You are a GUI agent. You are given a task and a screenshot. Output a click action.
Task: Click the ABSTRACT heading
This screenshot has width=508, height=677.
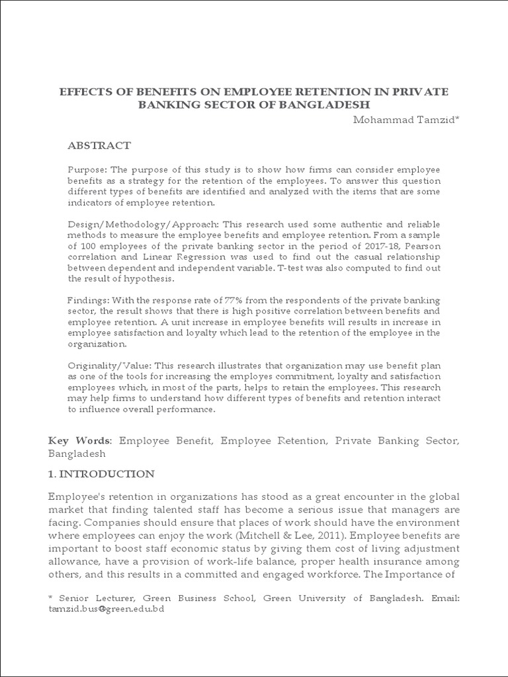tap(100, 145)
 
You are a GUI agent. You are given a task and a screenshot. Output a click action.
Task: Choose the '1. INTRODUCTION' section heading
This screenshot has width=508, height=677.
tap(101, 474)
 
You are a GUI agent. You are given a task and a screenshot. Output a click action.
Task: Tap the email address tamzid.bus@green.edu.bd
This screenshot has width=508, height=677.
tap(106, 608)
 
